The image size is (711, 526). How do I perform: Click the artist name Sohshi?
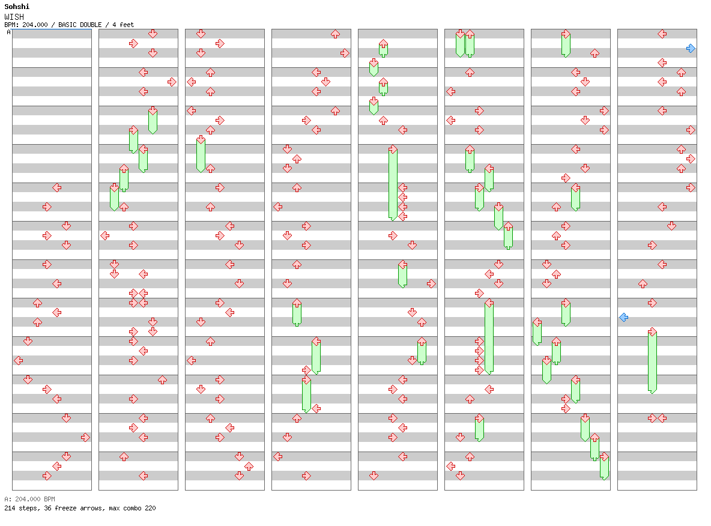coord(16,7)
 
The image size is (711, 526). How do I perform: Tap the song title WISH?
coord(14,17)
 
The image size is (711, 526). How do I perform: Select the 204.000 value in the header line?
coord(35,25)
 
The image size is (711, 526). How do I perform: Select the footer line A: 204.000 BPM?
coord(29,499)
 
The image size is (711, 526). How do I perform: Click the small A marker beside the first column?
coord(8,32)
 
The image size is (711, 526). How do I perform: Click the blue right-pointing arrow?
coord(691,48)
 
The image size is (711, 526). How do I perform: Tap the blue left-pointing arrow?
coord(623,317)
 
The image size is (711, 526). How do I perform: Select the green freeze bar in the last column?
coord(652,361)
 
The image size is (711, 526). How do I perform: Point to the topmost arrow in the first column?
coord(56,187)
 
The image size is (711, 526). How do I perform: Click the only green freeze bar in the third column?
coord(201,155)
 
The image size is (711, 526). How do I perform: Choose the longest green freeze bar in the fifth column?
coord(393,183)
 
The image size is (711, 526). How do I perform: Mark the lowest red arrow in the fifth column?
coord(374,476)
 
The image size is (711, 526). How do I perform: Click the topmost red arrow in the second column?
coord(153,34)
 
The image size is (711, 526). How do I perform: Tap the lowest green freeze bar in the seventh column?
coord(604,467)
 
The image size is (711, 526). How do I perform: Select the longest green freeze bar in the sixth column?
coord(489,337)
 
